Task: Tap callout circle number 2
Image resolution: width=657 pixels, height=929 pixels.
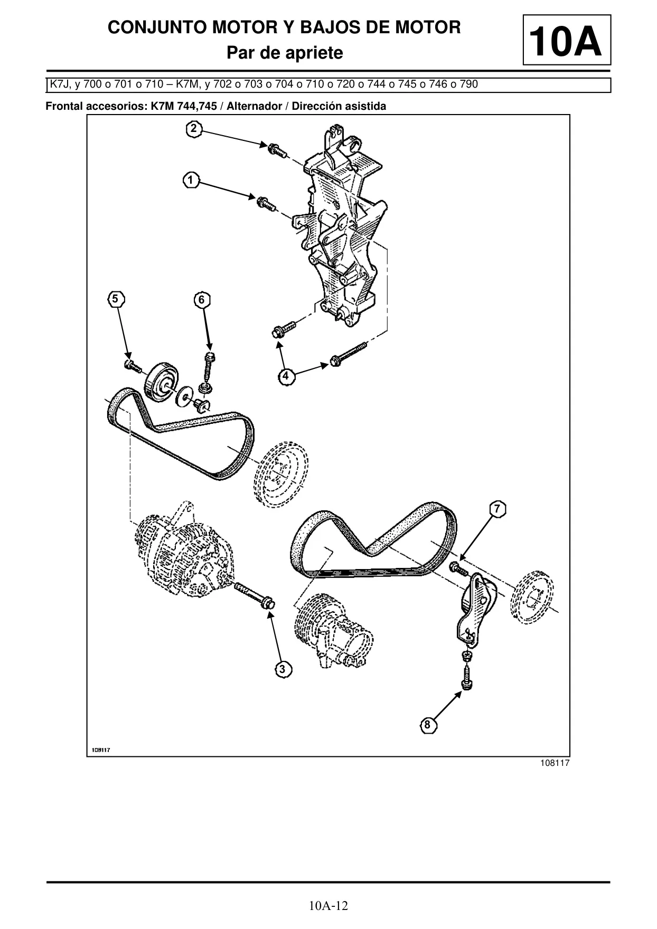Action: point(194,129)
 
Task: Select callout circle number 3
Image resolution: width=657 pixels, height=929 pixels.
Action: point(283,669)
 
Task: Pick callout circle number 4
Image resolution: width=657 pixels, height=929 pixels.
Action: point(286,376)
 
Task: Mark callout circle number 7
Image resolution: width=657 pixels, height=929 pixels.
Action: point(498,509)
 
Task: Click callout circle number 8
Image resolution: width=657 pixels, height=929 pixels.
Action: point(428,725)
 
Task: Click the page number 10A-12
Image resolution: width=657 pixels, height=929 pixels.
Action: point(328,906)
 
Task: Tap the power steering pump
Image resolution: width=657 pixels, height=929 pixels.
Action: point(334,630)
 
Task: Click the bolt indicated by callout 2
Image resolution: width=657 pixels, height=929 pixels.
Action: point(277,149)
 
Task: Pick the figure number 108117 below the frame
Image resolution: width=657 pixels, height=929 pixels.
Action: point(555,763)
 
